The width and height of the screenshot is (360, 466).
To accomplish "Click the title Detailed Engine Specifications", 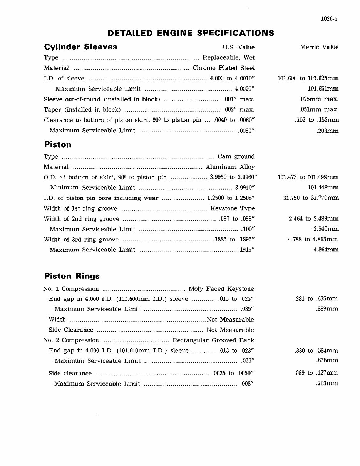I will (191, 33).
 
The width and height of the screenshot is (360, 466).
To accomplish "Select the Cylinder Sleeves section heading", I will (80, 47).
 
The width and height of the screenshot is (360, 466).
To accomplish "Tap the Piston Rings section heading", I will (72, 276).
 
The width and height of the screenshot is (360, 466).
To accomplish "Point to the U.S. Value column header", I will (239, 47).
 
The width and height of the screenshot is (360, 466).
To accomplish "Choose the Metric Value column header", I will (319, 47).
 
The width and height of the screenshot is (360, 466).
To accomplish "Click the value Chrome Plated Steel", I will (224, 68).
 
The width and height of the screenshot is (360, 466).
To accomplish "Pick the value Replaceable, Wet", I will (229, 58).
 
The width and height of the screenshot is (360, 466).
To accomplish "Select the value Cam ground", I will (236, 157).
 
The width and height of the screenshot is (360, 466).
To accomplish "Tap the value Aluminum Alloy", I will (230, 167).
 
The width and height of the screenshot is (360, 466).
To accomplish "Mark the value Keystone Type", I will (233, 209).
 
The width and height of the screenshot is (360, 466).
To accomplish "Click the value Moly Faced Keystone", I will (221, 289).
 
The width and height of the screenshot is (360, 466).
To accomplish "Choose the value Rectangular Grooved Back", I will (213, 340).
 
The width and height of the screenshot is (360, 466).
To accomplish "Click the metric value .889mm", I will (327, 309).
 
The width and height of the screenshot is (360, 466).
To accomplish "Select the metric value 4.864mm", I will (326, 250).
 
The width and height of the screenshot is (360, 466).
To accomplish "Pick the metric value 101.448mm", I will (323, 188).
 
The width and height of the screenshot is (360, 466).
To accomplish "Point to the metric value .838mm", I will (327, 361).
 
